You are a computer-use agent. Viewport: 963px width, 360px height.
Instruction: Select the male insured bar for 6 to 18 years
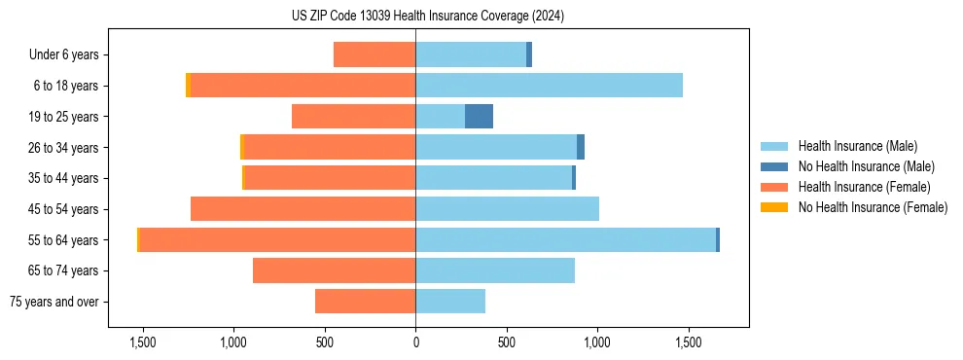549,86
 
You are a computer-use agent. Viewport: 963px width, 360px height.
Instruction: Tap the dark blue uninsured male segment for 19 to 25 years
479,117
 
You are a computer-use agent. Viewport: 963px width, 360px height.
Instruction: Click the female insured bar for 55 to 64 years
277,240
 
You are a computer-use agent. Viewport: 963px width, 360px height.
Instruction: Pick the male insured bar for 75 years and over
450,302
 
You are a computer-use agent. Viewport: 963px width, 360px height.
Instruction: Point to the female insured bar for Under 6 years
374,54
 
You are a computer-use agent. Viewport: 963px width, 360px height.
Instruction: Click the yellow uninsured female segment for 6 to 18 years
188,86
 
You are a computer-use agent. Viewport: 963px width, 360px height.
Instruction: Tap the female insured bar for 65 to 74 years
334,270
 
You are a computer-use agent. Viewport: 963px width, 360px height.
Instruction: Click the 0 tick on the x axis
415,342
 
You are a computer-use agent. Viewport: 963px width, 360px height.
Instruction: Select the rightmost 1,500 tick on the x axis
688,342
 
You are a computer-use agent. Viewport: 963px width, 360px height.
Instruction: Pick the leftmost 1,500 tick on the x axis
143,342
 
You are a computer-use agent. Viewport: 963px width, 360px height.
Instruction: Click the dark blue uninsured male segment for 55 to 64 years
718,240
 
